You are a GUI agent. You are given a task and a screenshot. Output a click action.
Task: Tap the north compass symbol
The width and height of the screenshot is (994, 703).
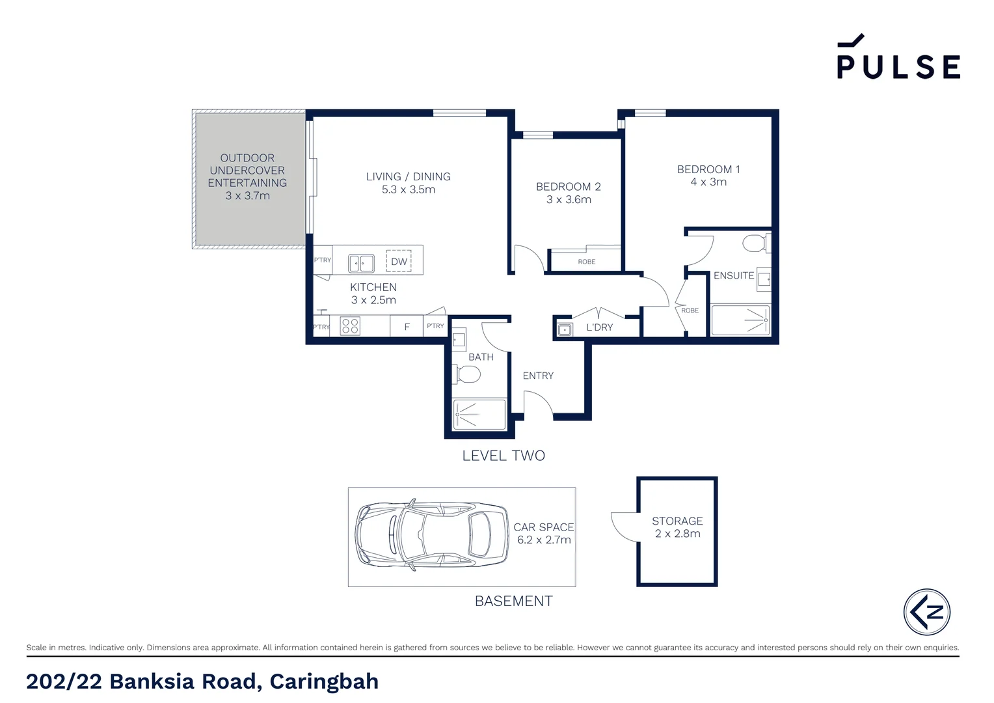(926, 612)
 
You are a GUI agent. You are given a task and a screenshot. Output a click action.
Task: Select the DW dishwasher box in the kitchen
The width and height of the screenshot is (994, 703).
(399, 262)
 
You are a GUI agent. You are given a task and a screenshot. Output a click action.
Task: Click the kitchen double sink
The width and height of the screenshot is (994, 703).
(361, 263)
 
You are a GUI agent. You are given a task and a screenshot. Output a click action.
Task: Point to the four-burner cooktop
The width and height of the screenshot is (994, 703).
(350, 325)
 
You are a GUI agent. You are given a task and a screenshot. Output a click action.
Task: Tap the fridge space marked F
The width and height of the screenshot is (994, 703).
(407, 327)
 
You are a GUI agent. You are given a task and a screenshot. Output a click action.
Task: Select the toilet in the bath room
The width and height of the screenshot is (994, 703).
(467, 374)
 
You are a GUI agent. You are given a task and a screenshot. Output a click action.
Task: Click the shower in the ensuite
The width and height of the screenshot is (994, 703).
(741, 320)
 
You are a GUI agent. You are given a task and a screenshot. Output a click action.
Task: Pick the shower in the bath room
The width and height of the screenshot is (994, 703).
(479, 414)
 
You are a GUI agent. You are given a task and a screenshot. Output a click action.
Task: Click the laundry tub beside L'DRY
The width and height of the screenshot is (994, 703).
(565, 330)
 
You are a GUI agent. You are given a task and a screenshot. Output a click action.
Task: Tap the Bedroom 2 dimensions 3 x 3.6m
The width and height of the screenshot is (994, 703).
(569, 200)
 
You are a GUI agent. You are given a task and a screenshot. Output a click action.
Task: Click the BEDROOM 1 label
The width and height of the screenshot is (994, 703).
(708, 169)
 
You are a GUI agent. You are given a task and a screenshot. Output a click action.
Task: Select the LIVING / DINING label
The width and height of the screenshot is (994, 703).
(408, 176)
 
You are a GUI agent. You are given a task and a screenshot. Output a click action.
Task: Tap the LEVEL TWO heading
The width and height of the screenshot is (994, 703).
(504, 456)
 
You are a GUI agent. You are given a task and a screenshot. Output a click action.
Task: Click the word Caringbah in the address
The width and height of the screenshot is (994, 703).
(324, 681)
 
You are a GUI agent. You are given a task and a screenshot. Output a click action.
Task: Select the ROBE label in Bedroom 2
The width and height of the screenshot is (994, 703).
(586, 262)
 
